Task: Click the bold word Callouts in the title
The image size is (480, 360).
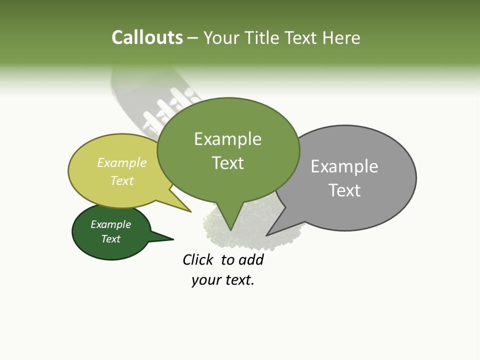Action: pos(147,37)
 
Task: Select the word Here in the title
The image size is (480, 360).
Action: pos(341,38)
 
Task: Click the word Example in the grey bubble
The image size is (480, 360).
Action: pos(344,166)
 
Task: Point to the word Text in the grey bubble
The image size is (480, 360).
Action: pos(344,190)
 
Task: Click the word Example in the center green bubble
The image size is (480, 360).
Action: pos(227,139)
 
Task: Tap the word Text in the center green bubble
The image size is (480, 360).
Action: pos(228,163)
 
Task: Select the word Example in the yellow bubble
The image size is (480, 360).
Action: pos(122,163)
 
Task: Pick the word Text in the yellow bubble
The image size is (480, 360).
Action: pos(122,180)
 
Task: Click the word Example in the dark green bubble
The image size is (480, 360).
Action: pos(110,224)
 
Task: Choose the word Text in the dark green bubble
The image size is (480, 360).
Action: pos(110,239)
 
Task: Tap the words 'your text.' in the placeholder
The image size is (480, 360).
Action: pos(223,280)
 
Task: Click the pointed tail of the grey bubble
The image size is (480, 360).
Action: pos(268,234)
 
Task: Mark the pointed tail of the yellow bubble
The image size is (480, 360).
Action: pos(189,211)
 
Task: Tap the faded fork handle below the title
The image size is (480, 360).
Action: pos(120,85)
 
